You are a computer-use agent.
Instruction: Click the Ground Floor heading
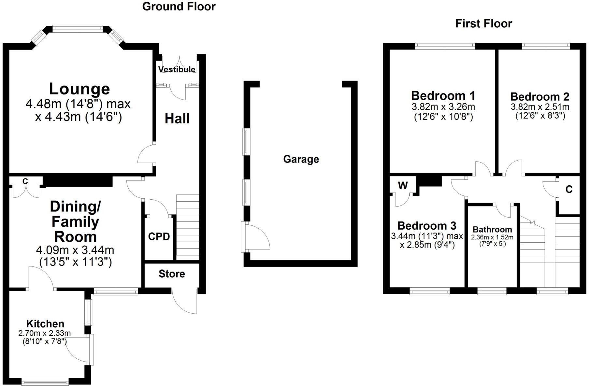point(179,7)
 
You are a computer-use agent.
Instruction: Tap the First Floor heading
point(483,23)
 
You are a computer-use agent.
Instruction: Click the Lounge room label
point(79,89)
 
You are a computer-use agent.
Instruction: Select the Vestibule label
point(177,69)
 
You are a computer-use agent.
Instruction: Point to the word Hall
point(177,119)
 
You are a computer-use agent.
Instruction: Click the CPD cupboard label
point(159,236)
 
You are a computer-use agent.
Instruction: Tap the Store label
point(172,274)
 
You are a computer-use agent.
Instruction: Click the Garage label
point(301,159)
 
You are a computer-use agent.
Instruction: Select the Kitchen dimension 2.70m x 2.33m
point(45,333)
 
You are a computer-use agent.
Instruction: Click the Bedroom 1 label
point(443,96)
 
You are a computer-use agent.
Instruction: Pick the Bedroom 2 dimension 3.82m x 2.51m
point(540,107)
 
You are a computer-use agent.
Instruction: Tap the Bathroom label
point(492,229)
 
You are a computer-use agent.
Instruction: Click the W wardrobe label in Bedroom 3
point(403,186)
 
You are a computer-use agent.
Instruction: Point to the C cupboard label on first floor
point(569,189)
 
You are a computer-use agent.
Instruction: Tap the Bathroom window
point(492,292)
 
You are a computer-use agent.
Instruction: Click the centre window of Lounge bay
point(78,29)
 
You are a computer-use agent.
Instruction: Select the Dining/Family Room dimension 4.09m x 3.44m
point(75,250)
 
